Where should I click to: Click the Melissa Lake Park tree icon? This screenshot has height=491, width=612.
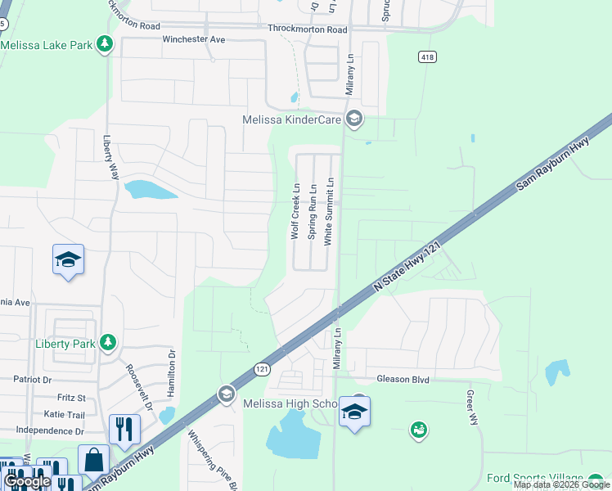click(105, 44)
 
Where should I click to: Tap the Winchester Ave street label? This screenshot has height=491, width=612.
click(194, 39)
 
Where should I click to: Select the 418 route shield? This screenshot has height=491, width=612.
click(427, 56)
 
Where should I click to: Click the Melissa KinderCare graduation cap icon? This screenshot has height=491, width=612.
click(354, 119)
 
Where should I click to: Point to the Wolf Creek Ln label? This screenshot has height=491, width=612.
click(296, 211)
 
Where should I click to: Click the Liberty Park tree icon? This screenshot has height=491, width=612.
click(107, 344)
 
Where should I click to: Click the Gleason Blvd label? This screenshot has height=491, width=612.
click(403, 380)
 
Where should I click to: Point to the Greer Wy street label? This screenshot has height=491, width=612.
click(472, 408)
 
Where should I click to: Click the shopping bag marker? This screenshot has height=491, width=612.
click(93, 460)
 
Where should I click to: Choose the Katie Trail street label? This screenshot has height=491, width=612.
click(65, 415)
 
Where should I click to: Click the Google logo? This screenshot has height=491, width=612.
click(28, 482)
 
